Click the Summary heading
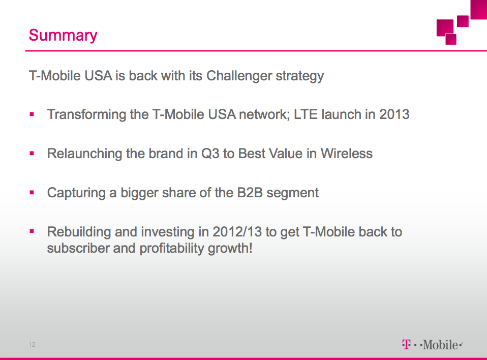pos(63,35)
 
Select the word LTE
pos(306,114)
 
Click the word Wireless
pos(347,154)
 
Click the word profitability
pos(172,249)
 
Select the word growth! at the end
pos(230,249)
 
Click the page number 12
pos(32,344)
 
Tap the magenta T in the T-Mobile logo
pos(406,344)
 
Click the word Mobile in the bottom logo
pos(440,345)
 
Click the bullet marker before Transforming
pos(32,114)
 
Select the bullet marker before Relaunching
pos(32,153)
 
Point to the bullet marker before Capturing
pos(32,193)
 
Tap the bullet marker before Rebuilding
pos(32,231)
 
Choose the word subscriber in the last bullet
pos(78,249)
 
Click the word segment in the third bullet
pos(293,193)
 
